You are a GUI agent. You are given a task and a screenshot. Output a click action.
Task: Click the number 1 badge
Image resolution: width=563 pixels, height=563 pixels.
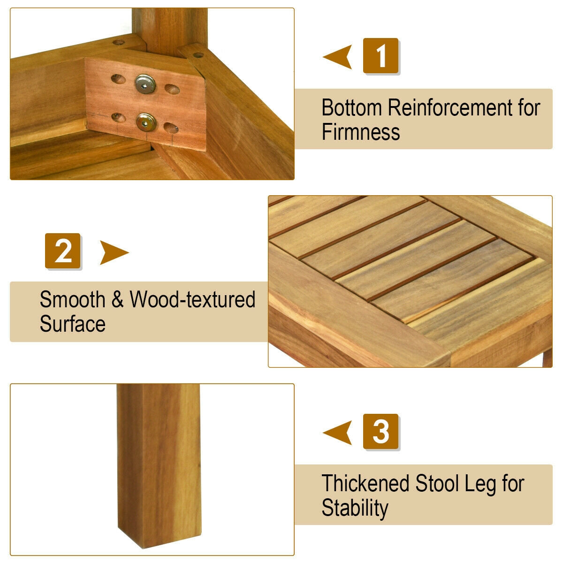[x=380, y=55]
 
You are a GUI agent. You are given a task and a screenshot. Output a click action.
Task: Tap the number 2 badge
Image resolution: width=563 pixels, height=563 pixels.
[x=62, y=251]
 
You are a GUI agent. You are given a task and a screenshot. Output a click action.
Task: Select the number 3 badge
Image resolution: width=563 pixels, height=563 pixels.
[x=380, y=431]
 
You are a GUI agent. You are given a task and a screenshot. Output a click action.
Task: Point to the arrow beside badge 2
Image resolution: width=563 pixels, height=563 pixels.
[x=114, y=252]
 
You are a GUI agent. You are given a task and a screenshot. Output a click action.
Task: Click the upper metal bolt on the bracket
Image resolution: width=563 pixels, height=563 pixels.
[x=145, y=84]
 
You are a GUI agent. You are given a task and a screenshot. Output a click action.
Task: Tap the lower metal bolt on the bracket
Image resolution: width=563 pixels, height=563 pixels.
[x=146, y=122]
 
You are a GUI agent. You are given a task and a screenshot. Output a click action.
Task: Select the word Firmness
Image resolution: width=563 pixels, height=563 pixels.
[x=360, y=132]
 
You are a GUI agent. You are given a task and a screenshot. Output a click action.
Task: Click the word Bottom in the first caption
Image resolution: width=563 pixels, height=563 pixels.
[x=351, y=107]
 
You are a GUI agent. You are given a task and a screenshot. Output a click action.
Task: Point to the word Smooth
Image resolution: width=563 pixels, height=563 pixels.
[x=72, y=299]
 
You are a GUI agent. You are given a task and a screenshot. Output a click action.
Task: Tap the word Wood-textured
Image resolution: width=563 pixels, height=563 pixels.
[x=192, y=299]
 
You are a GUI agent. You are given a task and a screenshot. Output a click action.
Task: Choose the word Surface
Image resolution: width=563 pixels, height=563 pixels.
[x=72, y=323]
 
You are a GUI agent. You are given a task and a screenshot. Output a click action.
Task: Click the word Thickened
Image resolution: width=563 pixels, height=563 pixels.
[x=365, y=483]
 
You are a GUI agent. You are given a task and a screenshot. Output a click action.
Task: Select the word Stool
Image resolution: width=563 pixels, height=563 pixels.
[x=437, y=483]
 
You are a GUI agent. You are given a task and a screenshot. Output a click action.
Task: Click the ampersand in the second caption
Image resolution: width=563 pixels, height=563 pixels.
[x=117, y=299]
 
